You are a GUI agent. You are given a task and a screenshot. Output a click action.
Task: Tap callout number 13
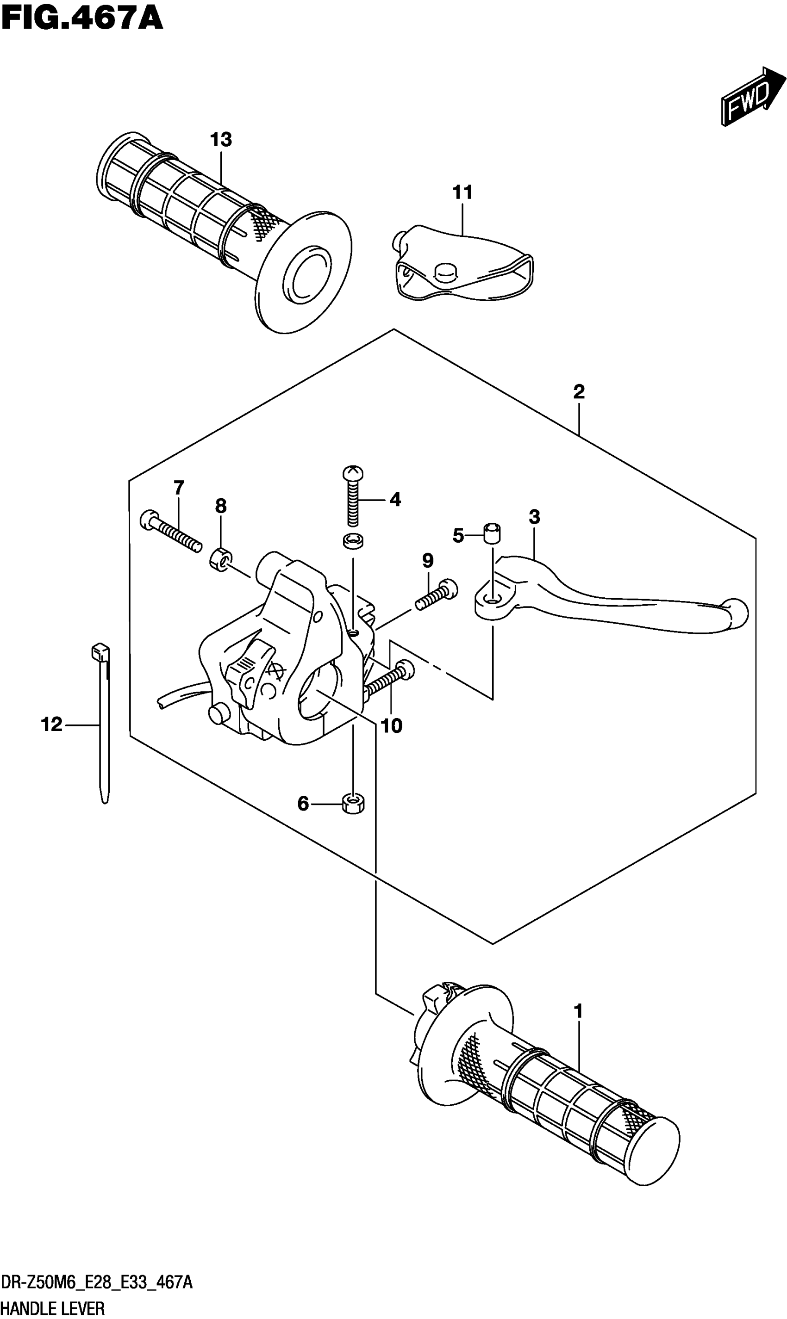[221, 140]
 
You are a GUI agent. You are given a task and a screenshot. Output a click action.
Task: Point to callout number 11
[462, 192]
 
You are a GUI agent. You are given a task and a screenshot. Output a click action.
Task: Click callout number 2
[579, 391]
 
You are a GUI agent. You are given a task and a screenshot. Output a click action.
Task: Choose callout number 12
[51, 725]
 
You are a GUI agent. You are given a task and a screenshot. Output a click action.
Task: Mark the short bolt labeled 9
[436, 594]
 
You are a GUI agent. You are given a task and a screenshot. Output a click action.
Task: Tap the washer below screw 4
[353, 541]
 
